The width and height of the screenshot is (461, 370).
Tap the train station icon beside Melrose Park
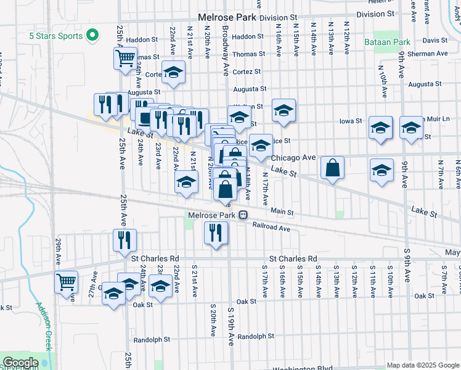[244, 215]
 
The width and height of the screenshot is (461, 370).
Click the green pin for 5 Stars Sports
[92, 36]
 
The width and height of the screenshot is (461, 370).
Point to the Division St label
[278, 18]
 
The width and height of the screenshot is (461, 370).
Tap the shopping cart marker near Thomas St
[125, 59]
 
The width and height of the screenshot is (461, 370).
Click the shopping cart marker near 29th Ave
[66, 283]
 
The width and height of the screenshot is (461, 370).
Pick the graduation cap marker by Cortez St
[174, 72]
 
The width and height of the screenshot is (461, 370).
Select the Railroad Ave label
[271, 228]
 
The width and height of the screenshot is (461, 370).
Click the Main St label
[282, 212]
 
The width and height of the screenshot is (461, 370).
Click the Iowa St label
[350, 121]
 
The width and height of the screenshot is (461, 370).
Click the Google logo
[20, 362]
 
